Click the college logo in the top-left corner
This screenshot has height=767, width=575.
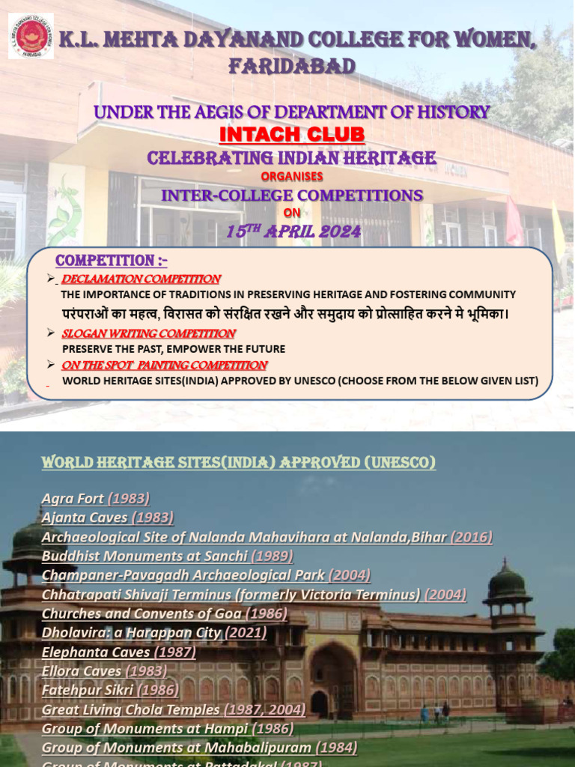pos(31,35)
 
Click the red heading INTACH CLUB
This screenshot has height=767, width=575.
pos(292,135)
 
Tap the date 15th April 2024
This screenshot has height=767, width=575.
pos(293,232)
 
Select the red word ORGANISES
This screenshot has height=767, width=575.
pos(292,177)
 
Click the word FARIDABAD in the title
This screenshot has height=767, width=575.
pos(292,67)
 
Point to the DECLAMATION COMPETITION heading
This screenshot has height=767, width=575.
pos(140,279)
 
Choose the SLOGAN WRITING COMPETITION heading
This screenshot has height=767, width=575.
pos(148,333)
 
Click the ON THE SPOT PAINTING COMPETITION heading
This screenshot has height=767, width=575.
pos(164,366)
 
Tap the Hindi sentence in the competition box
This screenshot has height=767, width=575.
pos(285,313)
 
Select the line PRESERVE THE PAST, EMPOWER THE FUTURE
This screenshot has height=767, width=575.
pos(174,349)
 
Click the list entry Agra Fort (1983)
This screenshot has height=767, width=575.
pos(96,498)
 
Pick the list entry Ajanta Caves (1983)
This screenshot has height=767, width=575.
pos(108,518)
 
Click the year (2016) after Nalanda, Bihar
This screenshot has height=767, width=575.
pos(472,537)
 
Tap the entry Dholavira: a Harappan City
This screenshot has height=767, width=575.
pos(131,633)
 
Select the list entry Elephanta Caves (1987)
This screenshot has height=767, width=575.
pos(119,652)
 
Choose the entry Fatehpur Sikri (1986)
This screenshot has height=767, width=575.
pos(110,690)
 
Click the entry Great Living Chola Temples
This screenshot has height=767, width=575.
pos(131,709)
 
